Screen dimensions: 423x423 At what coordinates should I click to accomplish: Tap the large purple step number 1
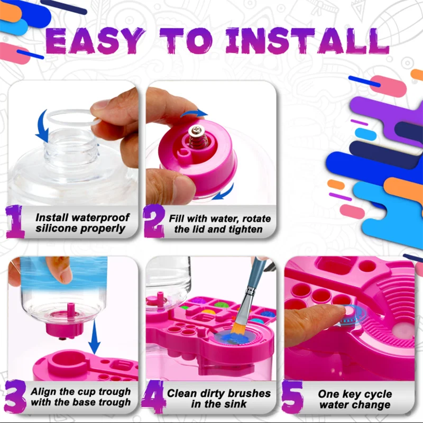(16, 222)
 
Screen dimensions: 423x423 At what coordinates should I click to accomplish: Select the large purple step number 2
(154, 222)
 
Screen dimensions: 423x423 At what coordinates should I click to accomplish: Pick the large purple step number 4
(153, 398)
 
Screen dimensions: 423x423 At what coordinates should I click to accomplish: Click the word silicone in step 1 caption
(54, 229)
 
